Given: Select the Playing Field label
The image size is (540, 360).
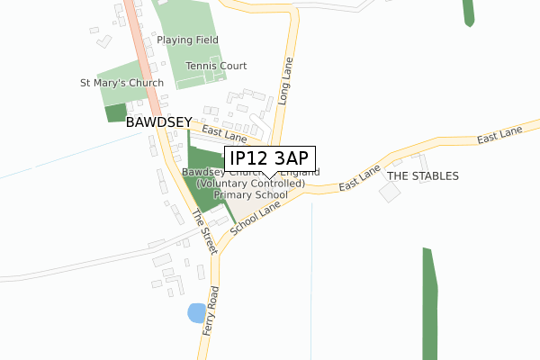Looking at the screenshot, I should point(187,40).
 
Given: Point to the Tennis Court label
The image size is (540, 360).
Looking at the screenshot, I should point(216,66).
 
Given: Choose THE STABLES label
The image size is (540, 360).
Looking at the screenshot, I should point(423,175).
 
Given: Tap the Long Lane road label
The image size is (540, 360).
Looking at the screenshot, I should point(286,87).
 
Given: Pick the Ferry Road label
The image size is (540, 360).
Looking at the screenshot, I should point(213,311).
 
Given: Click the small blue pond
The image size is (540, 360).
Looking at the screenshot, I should point(195,313).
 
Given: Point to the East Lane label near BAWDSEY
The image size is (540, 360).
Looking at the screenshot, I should point(224,134).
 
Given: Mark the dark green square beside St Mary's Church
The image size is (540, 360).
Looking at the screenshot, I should point(116,112).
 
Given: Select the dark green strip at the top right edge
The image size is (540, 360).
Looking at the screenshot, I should point(468,12).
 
